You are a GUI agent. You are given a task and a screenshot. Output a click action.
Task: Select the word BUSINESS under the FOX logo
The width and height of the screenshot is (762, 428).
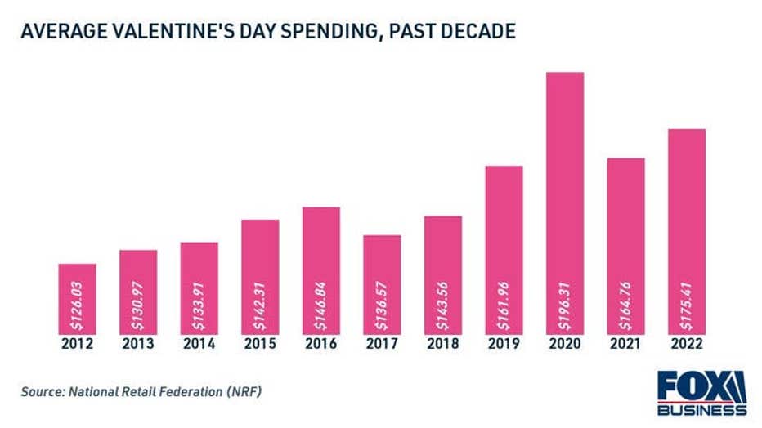click(701, 409)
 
